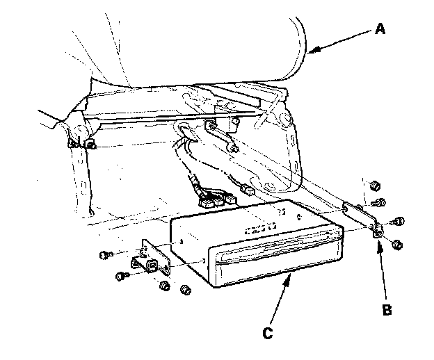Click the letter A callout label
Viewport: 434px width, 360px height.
pyautogui.click(x=380, y=28)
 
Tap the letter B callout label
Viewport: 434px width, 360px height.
pyautogui.click(x=387, y=310)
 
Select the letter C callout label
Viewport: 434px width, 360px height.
pyautogui.click(x=268, y=333)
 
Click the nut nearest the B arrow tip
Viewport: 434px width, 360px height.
pyautogui.click(x=397, y=245)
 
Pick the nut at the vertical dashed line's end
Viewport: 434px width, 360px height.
pyautogui.click(x=376, y=186)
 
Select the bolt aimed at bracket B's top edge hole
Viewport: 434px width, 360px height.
pyautogui.click(x=378, y=203)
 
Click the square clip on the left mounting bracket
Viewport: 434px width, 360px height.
pyautogui.click(x=152, y=265)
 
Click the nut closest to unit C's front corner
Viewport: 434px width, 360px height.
pyautogui.click(x=186, y=290)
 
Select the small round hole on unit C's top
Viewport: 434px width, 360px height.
pyautogui.click(x=299, y=217)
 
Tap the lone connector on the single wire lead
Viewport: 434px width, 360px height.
pyautogui.click(x=248, y=190)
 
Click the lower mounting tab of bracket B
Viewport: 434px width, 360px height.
pyautogui.click(x=378, y=231)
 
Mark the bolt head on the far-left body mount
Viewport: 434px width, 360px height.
pyautogui.click(x=91, y=145)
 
